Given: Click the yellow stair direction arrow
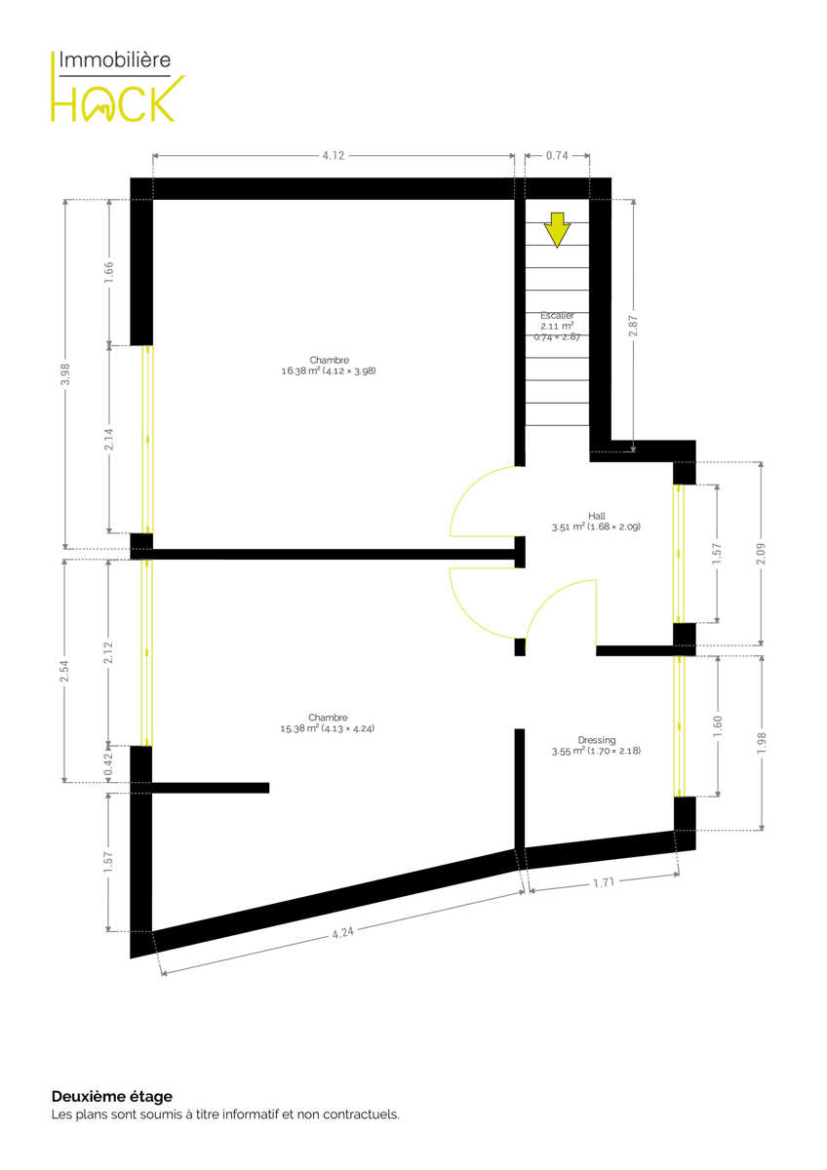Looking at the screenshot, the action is pyautogui.click(x=557, y=229).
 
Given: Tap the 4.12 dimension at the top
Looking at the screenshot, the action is pyautogui.click(x=334, y=156).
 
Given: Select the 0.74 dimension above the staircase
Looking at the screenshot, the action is pyautogui.click(x=557, y=156).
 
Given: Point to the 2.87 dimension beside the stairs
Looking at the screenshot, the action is pyautogui.click(x=634, y=326).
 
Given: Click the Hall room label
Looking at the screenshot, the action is pyautogui.click(x=596, y=516).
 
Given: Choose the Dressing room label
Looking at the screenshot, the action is pyautogui.click(x=597, y=740).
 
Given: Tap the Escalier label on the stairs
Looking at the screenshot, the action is pyautogui.click(x=557, y=316).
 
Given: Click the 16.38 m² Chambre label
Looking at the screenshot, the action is pyautogui.click(x=329, y=366).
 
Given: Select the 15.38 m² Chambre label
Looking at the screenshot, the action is pyautogui.click(x=328, y=722).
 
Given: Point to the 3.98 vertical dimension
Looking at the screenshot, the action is pyautogui.click(x=65, y=374).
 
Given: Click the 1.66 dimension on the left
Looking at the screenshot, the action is pyautogui.click(x=108, y=273).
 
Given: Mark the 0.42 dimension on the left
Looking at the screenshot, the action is pyautogui.click(x=108, y=764).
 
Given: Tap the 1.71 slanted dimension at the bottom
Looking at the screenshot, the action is pyautogui.click(x=604, y=882).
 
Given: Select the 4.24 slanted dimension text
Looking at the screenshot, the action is pyautogui.click(x=342, y=932).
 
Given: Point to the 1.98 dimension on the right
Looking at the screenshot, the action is pyautogui.click(x=761, y=743).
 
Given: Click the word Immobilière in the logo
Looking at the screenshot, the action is pyautogui.click(x=115, y=59).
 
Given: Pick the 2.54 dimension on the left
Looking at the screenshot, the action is pyautogui.click(x=64, y=671).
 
